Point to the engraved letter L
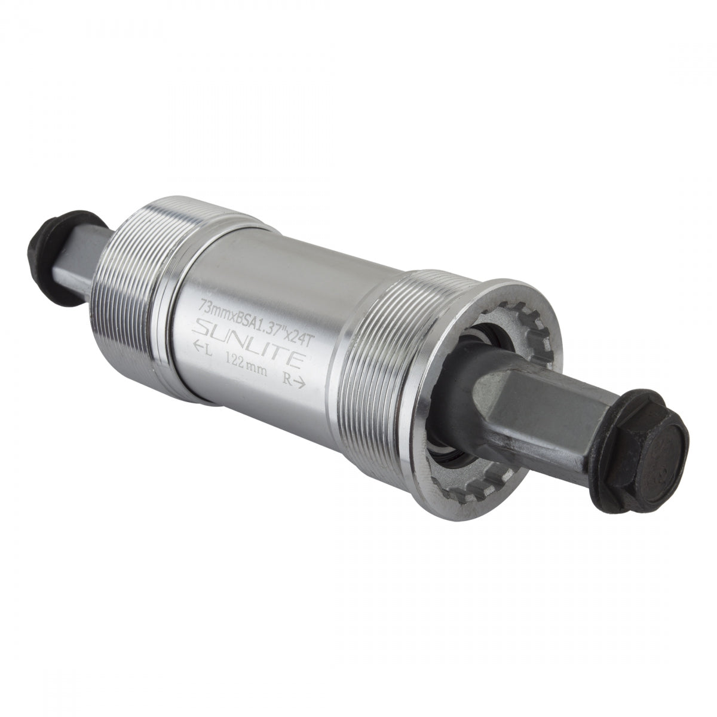coord(207,345)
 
